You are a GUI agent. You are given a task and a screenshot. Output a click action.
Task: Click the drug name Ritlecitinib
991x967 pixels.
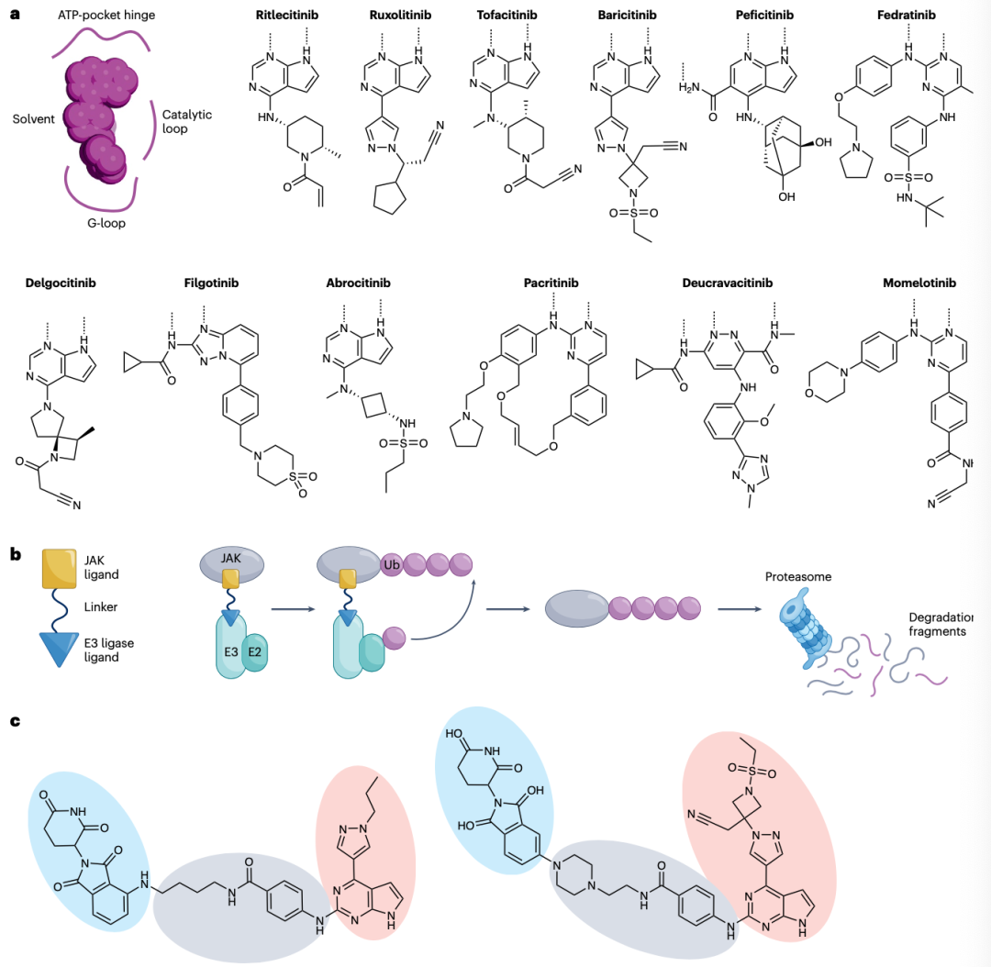287,16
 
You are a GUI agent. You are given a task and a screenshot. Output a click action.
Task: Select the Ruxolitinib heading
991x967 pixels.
400,16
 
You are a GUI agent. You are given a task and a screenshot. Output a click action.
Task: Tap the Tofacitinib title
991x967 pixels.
507,16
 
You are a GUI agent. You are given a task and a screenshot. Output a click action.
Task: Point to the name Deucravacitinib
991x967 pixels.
728,283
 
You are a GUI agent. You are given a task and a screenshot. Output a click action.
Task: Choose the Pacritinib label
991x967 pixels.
551,283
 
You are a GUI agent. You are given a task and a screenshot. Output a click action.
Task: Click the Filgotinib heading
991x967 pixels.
211,283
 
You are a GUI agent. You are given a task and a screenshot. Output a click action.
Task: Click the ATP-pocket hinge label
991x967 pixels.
106,16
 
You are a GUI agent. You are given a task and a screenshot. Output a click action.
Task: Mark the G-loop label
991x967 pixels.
106,223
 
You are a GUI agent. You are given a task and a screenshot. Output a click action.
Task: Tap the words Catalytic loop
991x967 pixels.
187,121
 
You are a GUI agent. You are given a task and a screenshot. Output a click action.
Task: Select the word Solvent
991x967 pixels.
34,119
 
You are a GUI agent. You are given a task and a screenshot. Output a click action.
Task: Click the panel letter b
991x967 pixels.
16,554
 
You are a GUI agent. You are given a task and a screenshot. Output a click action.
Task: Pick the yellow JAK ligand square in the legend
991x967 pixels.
60,568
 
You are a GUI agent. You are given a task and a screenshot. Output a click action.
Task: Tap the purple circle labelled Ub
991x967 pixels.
392,564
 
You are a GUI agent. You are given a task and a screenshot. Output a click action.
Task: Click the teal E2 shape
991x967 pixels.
255,652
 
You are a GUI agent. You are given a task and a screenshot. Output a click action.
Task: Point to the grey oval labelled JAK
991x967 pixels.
231,563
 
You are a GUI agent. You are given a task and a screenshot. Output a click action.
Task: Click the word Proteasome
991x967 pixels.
798,576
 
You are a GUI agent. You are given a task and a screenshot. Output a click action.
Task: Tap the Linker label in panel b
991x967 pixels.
101,606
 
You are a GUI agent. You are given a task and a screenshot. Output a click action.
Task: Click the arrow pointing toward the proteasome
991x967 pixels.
740,609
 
